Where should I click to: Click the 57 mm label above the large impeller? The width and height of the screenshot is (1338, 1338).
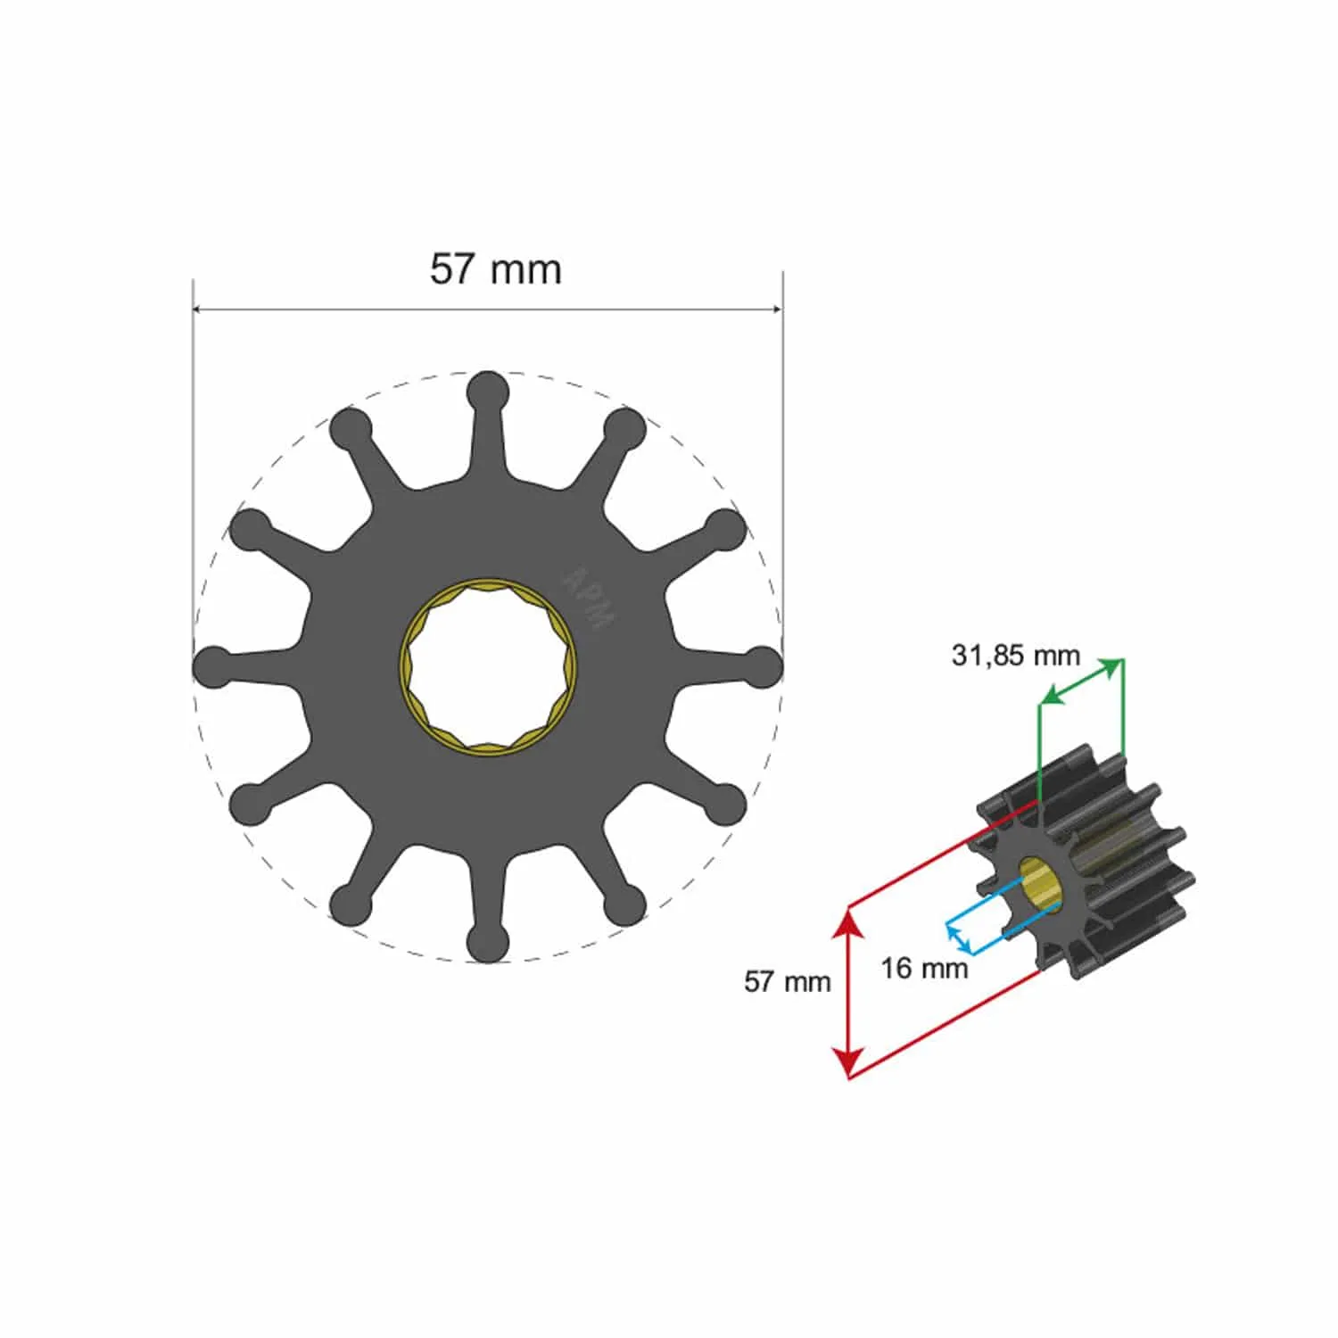pyautogui.click(x=496, y=269)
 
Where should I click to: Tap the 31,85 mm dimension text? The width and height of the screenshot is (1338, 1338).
pyautogui.click(x=1015, y=656)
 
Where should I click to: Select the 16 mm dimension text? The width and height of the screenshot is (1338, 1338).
pyautogui.click(x=924, y=968)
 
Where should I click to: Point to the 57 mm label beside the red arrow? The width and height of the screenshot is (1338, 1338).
pyautogui.click(x=787, y=982)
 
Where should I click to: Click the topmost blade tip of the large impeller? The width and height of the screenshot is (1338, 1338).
pyautogui.click(x=488, y=392)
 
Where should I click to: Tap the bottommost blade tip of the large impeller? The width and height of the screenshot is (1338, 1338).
pyautogui.click(x=488, y=943)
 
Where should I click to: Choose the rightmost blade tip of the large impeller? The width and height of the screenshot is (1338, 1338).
pyautogui.click(x=763, y=667)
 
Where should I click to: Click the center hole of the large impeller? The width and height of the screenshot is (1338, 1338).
pyautogui.click(x=488, y=667)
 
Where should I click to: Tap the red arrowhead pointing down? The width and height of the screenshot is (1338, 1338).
pyautogui.click(x=847, y=1064)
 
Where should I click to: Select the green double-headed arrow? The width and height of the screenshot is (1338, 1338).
pyautogui.click(x=1082, y=681)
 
